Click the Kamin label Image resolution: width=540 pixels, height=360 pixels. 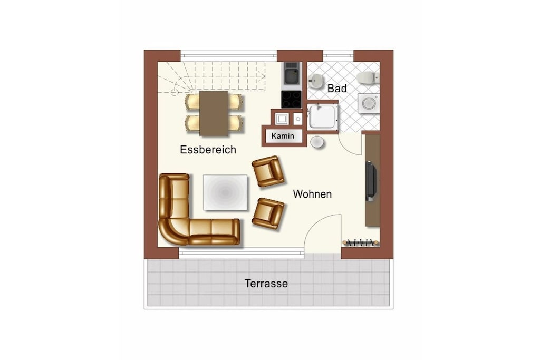(283, 136)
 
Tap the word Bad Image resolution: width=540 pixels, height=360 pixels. (337, 89)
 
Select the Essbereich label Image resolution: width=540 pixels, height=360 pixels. (208, 149)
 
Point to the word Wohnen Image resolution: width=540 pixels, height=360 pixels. (312, 194)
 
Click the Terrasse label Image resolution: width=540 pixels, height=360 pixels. (266, 283)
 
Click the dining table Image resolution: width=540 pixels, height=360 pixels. (214, 113)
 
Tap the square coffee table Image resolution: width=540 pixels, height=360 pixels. (225, 192)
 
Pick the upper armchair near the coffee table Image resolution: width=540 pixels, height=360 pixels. (268, 171)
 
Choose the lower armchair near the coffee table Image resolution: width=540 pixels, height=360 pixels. (268, 213)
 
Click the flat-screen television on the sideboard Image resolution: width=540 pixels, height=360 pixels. (371, 180)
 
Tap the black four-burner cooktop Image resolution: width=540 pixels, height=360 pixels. (291, 100)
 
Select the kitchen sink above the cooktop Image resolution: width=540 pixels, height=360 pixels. (291, 73)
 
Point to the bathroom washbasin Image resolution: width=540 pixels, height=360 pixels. (315, 81)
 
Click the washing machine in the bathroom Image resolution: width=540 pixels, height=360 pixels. (369, 103)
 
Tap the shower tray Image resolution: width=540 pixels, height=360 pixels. (322, 116)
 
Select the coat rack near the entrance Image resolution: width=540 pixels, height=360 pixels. (361, 242)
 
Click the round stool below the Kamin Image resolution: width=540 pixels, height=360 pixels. (317, 142)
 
